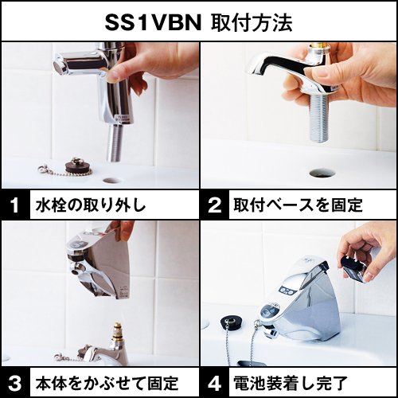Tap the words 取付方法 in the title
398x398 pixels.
252,21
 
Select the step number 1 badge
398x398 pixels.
14,206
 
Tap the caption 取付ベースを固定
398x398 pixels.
298,206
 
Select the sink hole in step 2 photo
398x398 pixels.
322,171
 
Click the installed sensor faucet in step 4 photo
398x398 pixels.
298,306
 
